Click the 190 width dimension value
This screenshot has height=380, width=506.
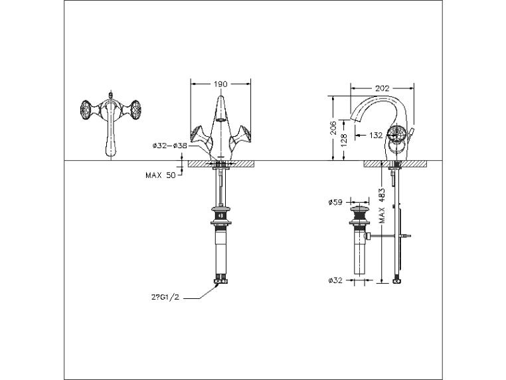[x=220, y=84]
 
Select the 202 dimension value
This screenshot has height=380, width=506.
[x=382, y=88]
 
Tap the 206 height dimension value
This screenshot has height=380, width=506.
[x=333, y=128]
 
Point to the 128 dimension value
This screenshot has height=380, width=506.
[x=344, y=140]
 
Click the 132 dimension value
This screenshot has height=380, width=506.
[x=376, y=136]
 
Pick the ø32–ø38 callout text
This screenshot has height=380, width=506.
[x=170, y=145]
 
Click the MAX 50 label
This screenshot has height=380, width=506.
[x=161, y=175]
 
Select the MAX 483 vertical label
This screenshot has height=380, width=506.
[x=382, y=206]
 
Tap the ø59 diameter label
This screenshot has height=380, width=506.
[x=335, y=203]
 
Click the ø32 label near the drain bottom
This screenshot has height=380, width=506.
[x=335, y=280]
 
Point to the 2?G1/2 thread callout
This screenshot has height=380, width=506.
[x=165, y=298]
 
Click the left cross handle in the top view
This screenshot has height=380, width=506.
[x=86, y=110]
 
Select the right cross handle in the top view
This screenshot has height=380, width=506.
[x=135, y=110]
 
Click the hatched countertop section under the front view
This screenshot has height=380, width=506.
[x=220, y=163]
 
